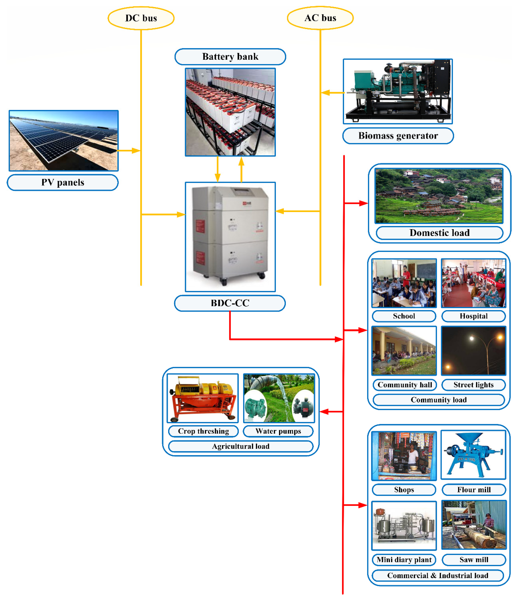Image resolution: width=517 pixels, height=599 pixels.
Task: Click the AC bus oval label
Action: point(320,18)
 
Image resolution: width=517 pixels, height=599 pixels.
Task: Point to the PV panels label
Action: point(63,182)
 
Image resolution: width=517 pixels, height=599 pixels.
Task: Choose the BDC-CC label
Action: point(230,303)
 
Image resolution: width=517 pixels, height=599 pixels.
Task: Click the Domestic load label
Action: point(439,233)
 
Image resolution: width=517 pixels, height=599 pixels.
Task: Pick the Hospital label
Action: point(473,316)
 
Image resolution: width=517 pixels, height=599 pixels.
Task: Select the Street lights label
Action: point(473,385)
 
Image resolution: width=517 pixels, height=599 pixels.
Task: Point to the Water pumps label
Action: point(278,431)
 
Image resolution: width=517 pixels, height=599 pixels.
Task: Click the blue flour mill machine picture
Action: point(473,455)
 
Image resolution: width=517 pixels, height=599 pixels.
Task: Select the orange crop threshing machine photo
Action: point(203,398)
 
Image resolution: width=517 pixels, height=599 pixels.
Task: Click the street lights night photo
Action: point(473,351)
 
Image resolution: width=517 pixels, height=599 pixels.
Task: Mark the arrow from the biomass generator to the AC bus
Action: point(332,93)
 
